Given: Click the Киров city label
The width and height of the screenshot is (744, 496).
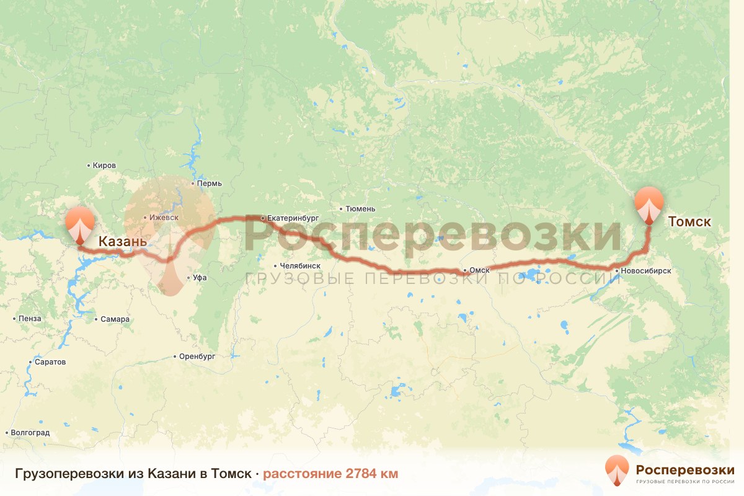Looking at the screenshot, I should (104, 166).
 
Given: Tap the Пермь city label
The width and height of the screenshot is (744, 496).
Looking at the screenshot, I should (209, 184).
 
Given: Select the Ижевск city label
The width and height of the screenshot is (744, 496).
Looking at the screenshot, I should (163, 218).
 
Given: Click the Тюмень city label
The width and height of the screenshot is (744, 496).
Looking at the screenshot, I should (360, 209).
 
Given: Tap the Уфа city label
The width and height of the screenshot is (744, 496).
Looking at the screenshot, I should (200, 278).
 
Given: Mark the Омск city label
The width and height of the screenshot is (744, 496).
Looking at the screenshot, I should (480, 270).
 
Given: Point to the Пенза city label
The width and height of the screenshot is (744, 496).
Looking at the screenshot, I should (30, 319).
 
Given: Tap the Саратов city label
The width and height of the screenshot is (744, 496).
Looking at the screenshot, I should (50, 362).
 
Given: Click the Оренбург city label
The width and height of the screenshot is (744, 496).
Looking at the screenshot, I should (197, 356).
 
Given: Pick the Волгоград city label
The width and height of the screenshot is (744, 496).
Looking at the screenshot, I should (30, 433).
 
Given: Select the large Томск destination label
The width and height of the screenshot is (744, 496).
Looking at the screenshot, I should (689, 221).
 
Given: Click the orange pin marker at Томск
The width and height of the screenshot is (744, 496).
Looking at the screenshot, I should (649, 205).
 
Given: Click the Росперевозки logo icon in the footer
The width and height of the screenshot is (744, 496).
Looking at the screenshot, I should (616, 471).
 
